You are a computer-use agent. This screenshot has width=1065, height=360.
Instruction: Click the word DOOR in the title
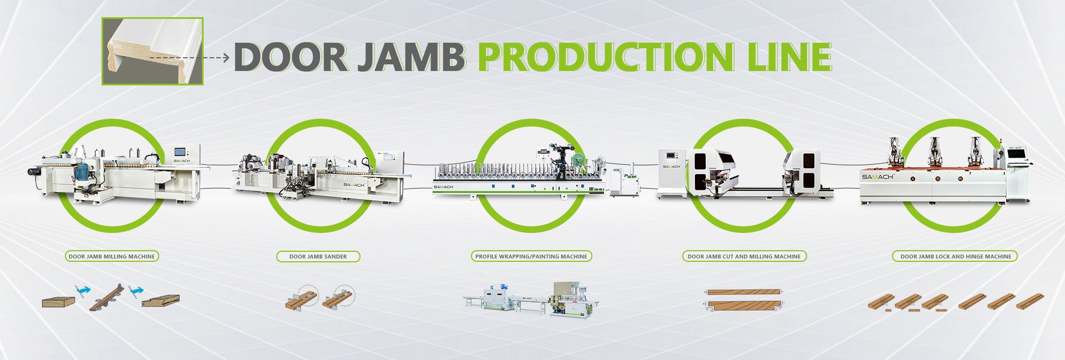click(x=291, y=57)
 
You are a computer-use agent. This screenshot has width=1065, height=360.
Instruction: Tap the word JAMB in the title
click(x=411, y=57)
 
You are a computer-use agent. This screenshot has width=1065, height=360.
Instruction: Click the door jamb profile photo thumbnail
click(x=153, y=51)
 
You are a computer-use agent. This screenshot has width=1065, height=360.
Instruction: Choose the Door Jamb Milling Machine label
click(x=111, y=256)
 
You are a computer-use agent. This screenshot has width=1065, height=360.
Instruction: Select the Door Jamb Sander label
click(x=318, y=256)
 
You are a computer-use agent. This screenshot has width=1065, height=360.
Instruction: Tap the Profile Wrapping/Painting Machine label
click(x=531, y=256)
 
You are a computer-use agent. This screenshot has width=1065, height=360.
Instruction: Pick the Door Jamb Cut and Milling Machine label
click(x=744, y=256)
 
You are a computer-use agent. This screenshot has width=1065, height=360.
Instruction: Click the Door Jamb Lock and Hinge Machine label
click(x=955, y=256)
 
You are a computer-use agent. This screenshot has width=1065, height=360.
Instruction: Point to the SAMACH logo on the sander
click(x=353, y=185)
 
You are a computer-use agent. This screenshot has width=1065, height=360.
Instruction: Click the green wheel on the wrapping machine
click(x=579, y=160)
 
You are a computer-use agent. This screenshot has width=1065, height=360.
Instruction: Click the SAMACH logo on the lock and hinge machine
click(x=878, y=176)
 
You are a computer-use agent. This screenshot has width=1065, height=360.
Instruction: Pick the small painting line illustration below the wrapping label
click(x=531, y=300)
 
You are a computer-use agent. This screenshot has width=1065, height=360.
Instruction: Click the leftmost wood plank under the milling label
click(x=58, y=302)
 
